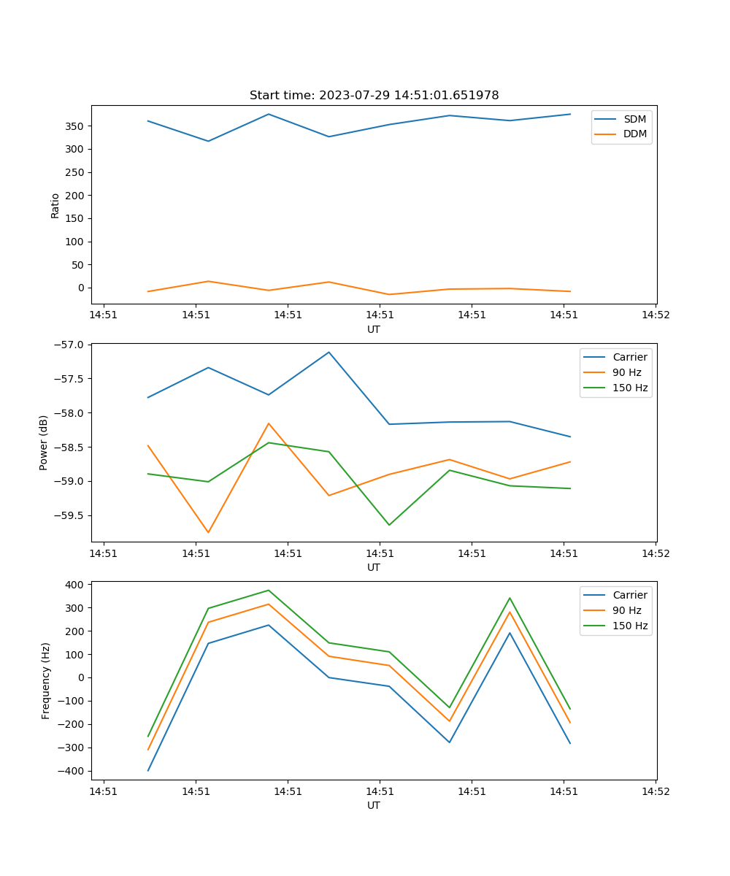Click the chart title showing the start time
(x=374, y=96)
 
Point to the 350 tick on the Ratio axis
(x=75, y=126)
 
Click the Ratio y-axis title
(x=55, y=205)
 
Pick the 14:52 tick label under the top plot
(x=655, y=315)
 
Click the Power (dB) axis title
(x=44, y=442)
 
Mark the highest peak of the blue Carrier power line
(x=328, y=352)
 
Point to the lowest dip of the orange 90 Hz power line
(x=208, y=532)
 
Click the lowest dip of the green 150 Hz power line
(x=389, y=525)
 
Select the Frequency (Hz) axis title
(x=46, y=680)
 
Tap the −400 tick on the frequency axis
(x=72, y=771)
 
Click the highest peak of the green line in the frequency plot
(x=269, y=590)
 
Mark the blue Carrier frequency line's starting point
(x=148, y=770)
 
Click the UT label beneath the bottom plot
(x=374, y=805)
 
